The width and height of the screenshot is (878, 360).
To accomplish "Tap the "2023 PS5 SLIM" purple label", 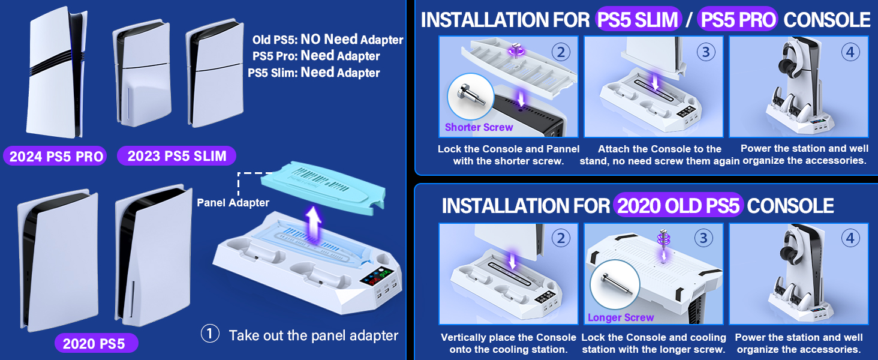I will click(x=177, y=157).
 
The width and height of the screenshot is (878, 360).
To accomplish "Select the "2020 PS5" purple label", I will click(x=94, y=344).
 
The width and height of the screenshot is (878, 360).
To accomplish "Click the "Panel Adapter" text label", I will click(x=233, y=203).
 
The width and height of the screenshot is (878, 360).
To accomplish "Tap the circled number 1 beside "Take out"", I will click(x=210, y=334).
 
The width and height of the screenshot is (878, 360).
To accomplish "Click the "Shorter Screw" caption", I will click(x=479, y=127).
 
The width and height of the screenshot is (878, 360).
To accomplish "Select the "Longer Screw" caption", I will click(x=621, y=317).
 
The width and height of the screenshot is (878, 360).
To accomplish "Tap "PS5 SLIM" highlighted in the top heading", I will click(x=638, y=19).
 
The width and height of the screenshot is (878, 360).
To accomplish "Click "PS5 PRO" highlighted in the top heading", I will click(x=739, y=19).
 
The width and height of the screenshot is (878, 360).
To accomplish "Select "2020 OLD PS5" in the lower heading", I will click(x=678, y=206).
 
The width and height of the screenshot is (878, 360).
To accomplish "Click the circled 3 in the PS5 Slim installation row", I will click(x=706, y=52).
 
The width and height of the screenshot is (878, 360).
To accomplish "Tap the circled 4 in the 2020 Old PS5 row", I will click(x=850, y=239).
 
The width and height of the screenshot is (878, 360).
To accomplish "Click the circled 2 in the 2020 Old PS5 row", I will click(x=561, y=239).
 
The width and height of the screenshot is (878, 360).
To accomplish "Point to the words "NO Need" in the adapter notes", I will click(x=329, y=40).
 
